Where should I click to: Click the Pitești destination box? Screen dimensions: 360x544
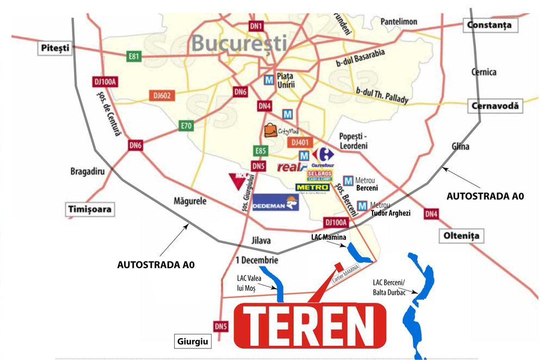coord(55,48)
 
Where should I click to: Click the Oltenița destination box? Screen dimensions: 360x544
coord(460,236)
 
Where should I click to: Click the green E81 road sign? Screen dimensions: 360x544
coord(134,56)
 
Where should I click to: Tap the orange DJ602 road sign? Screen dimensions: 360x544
coord(162,96)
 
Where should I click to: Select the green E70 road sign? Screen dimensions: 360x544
coord(187,126)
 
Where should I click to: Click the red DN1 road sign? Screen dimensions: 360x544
coord(256,26)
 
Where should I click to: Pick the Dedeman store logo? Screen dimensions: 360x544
coord(276,203)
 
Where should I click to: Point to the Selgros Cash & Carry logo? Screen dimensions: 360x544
coord(320,175)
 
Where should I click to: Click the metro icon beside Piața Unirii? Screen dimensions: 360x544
coord(268,80)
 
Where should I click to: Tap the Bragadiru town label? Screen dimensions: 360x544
coord(86,171)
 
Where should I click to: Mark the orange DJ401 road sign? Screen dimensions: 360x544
coord(300,142)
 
